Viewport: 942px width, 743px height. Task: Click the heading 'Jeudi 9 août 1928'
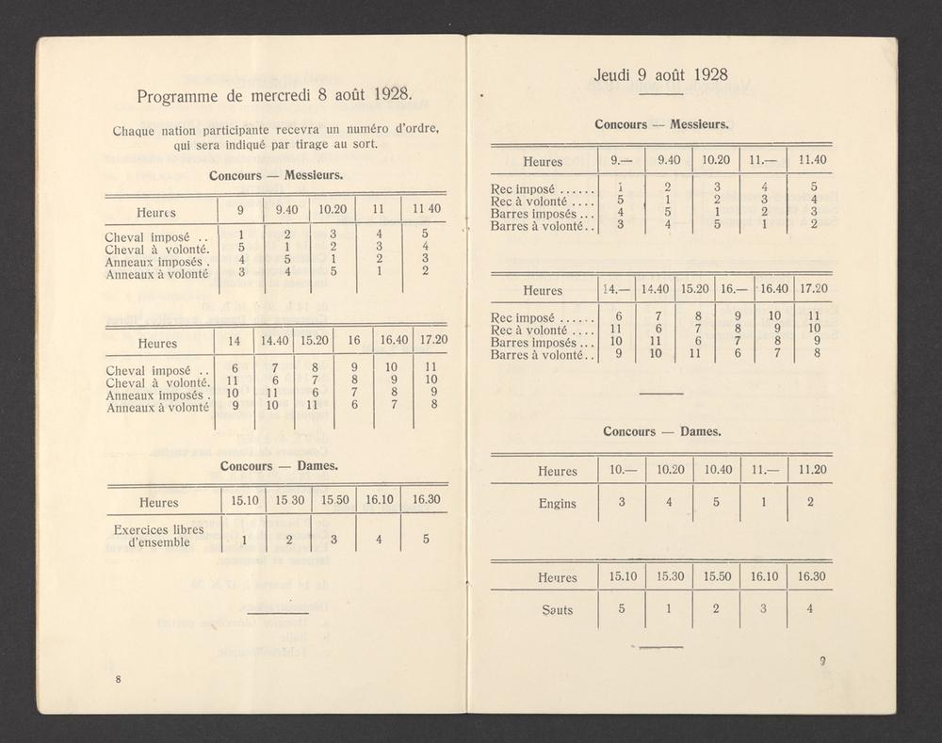coord(661,74)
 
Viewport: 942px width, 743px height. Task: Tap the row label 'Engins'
coord(557,503)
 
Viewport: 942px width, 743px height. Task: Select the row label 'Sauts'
coord(557,609)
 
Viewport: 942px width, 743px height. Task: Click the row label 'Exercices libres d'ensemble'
coord(157,535)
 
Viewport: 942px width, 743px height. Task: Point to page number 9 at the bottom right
coord(821,661)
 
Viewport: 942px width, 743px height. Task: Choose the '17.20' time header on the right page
coord(813,289)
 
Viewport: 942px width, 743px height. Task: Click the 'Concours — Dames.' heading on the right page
coord(662,431)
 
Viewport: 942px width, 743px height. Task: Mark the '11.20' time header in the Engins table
coord(810,470)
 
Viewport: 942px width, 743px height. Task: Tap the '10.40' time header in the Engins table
coord(716,470)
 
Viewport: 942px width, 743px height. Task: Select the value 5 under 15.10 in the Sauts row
coord(622,608)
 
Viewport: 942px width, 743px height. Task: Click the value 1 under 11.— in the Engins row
coord(764,502)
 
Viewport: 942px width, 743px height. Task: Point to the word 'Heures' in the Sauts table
coord(557,576)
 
